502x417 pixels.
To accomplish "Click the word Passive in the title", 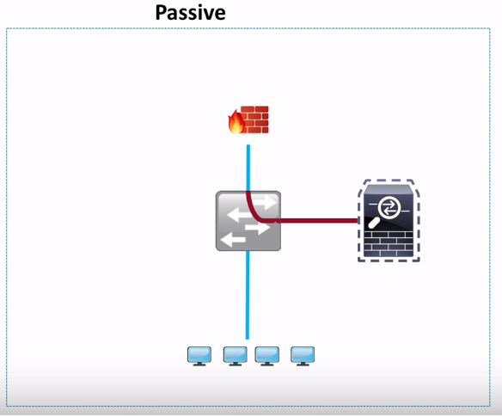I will tap(191, 13).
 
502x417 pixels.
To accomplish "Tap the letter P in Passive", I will tap(162, 13).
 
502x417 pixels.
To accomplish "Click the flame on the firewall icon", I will tap(236, 123).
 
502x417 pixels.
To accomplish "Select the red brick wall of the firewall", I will tap(255, 119).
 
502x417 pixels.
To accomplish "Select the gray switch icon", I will tap(248, 221).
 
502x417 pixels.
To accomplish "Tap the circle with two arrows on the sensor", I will tap(389, 207).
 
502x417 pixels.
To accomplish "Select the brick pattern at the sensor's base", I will tap(389, 245).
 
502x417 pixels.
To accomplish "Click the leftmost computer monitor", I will tap(199, 355).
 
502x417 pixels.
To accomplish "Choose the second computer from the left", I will tap(235, 355).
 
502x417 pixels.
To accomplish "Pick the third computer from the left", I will tap(267, 355).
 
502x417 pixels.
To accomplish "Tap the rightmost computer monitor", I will tap(303, 355).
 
